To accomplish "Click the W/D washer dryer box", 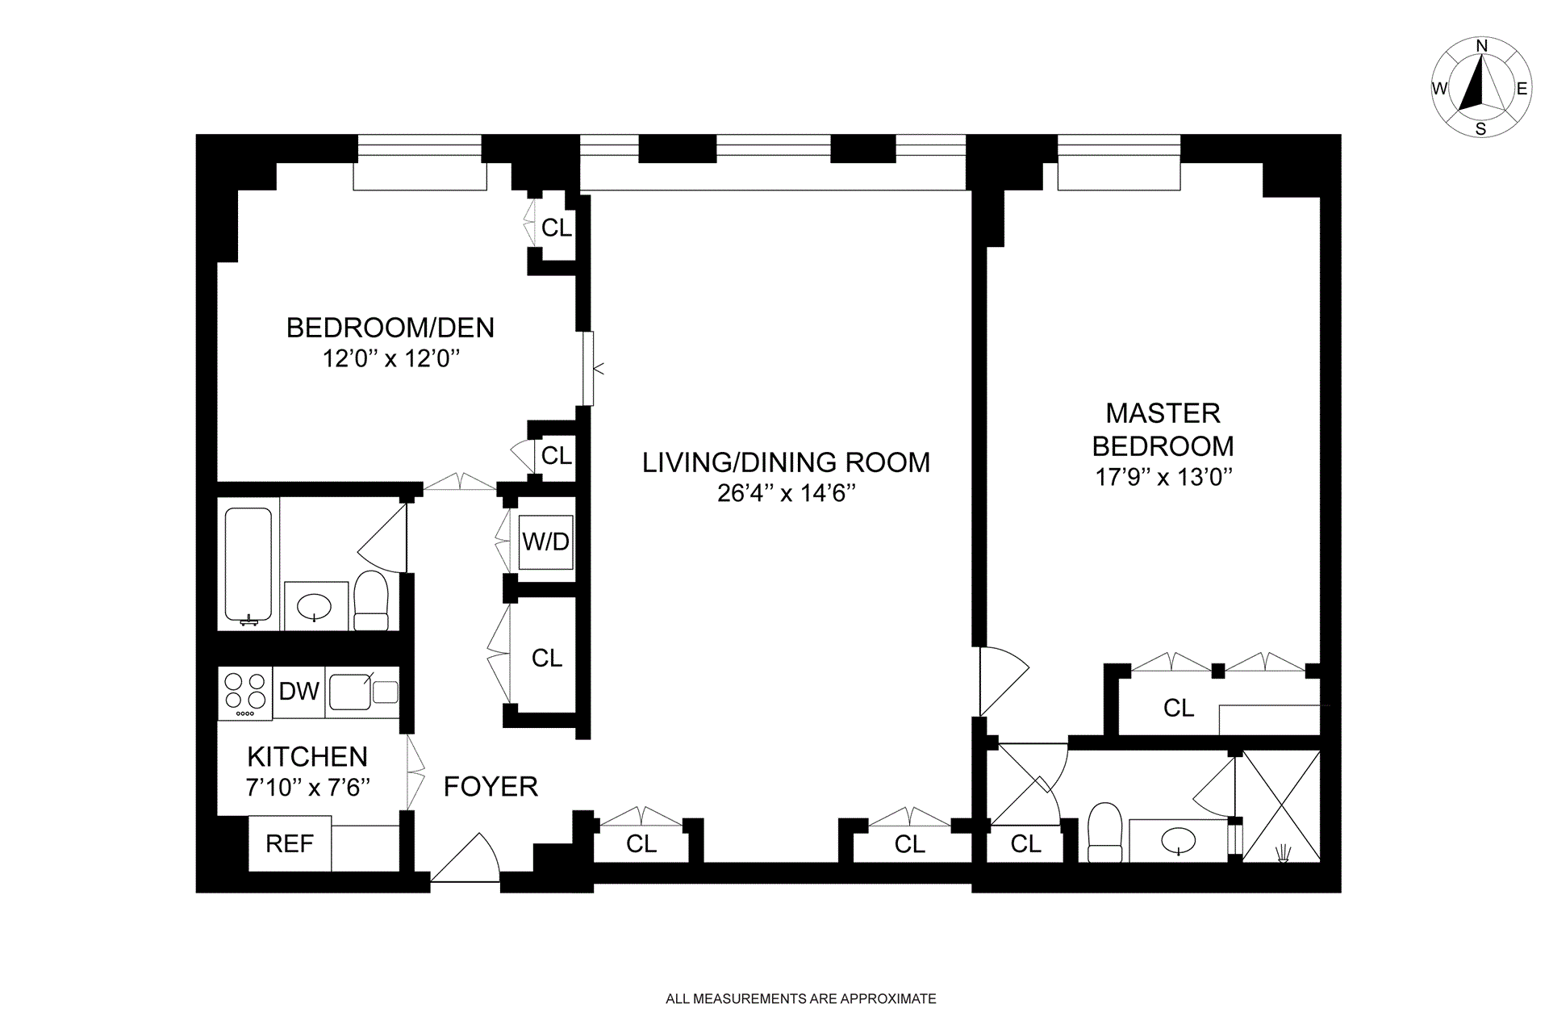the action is pos(546,542).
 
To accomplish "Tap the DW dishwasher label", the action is pos(299,691).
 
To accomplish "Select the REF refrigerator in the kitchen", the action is pos(290,843).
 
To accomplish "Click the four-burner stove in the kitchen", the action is pos(245,692).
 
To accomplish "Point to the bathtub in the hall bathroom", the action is pos(248,564).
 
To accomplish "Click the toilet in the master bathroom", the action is pos(1104,832).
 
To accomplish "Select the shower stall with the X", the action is pos(1281,806).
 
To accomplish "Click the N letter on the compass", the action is pos(1481,69).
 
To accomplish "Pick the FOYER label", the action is pos(491,786).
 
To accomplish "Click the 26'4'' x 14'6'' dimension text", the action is pos(786,493).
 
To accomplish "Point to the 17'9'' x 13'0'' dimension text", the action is pos(1163,477).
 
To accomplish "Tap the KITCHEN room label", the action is pos(307,756).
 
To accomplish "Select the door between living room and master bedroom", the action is pos(1004,681).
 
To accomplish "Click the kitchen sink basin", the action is pos(350,692).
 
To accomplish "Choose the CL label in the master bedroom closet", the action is pos(1179,708).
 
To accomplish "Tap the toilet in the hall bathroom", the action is pos(371,600).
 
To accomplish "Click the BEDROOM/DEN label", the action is pos(390,328).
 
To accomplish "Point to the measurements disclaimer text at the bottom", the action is pos(801,998).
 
